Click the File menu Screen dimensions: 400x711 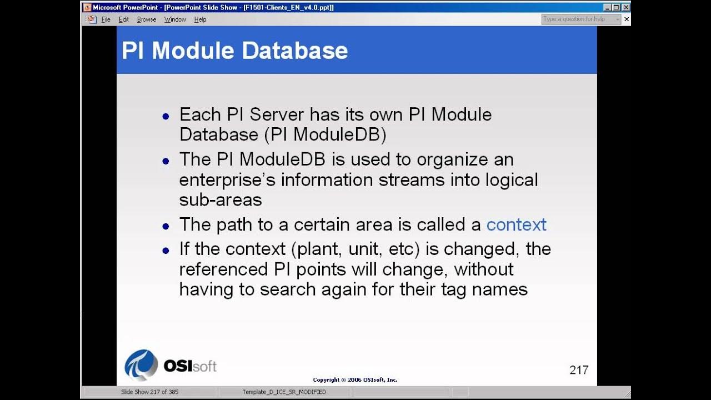(x=106, y=19)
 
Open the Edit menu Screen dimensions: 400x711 (x=123, y=19)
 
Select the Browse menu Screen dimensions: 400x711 (x=147, y=19)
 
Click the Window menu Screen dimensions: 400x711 (x=175, y=19)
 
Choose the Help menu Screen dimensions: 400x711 (x=200, y=19)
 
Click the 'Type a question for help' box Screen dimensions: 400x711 (x=578, y=19)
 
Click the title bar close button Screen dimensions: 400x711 (x=625, y=7)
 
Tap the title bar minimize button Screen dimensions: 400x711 (x=607, y=7)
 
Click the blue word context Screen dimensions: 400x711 (x=516, y=224)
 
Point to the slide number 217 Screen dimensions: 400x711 (x=579, y=370)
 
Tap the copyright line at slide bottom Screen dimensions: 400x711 (x=355, y=380)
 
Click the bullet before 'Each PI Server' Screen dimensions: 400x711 (x=166, y=117)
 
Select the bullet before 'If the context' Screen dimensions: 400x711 (x=166, y=251)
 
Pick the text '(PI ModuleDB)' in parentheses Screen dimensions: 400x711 (x=325, y=135)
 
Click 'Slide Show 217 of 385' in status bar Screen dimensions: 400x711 (x=149, y=392)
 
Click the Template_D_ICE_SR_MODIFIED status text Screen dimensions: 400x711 (x=284, y=392)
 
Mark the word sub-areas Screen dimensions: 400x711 (x=220, y=200)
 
